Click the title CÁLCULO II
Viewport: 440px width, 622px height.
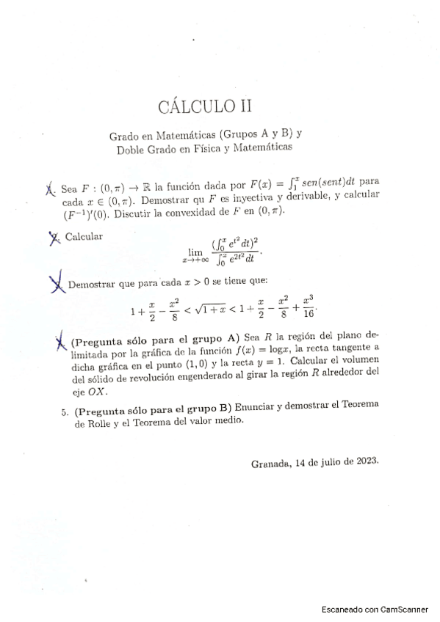click(x=205, y=107)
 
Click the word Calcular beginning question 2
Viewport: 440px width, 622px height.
click(x=83, y=236)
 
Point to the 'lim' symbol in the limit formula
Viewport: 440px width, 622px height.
click(x=195, y=251)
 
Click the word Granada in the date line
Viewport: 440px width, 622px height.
click(x=270, y=462)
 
